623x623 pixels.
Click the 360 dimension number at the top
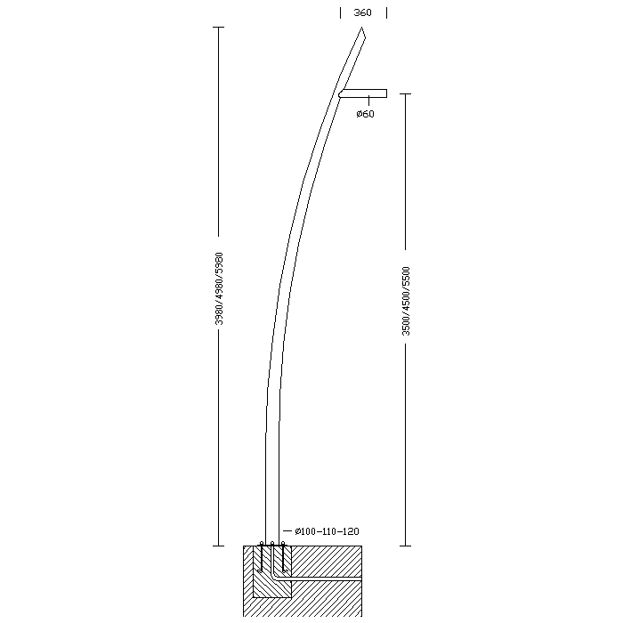point(362,12)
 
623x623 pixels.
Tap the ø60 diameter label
point(365,114)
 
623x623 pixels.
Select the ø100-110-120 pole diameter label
point(327,531)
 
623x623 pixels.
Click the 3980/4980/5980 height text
point(219,288)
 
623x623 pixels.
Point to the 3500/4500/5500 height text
point(406,301)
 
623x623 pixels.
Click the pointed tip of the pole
point(361,28)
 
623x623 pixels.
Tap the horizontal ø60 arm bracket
point(363,93)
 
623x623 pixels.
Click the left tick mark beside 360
point(340,13)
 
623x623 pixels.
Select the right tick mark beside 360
point(386,13)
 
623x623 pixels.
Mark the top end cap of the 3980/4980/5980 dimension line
point(219,27)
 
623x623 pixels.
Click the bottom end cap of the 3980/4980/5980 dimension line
point(219,546)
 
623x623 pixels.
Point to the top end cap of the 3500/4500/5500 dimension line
point(405,94)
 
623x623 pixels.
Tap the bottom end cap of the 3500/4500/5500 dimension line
point(405,546)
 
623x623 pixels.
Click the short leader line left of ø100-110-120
point(287,530)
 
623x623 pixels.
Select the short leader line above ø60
point(368,101)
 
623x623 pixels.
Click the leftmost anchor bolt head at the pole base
point(262,543)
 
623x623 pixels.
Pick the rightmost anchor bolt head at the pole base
point(283,543)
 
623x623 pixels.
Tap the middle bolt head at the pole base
point(272,543)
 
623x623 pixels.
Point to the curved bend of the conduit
point(274,576)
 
